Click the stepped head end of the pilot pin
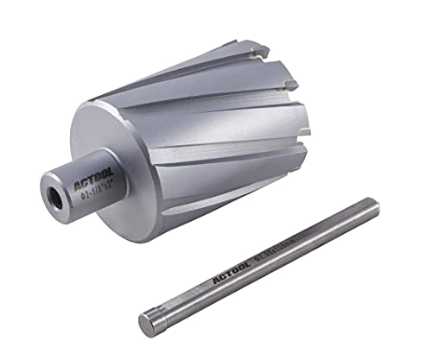click(x=148, y=323)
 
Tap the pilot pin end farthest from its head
click(x=372, y=208)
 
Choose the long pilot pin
click(x=259, y=263)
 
